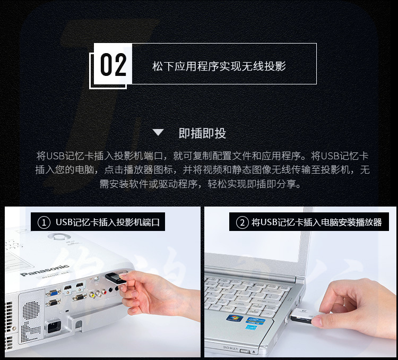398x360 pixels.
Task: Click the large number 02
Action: click(113, 65)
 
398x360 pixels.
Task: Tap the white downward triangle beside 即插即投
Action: click(158, 132)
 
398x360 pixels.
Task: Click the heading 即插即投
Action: click(202, 133)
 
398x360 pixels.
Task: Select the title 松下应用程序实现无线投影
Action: click(219, 66)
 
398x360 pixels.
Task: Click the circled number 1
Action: click(44, 222)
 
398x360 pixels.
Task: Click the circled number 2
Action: click(242, 223)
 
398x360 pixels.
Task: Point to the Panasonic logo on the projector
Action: click(45, 270)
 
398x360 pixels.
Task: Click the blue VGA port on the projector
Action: click(53, 293)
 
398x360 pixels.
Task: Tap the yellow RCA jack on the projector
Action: click(92, 295)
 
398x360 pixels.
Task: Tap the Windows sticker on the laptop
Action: click(234, 318)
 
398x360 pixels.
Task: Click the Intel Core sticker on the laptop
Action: click(255, 321)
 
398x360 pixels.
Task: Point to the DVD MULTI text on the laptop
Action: click(230, 348)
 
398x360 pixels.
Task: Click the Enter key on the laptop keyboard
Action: click(263, 302)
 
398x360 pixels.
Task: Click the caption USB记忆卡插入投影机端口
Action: click(108, 222)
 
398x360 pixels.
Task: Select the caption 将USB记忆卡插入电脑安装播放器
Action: click(316, 222)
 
